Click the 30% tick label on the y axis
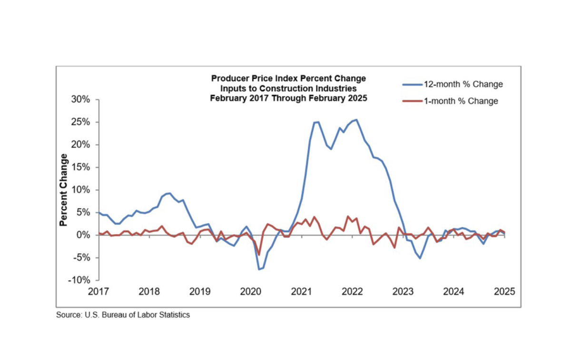coord(80,99)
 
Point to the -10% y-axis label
coord(79,280)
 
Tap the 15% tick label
coord(80,167)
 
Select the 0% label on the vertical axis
coord(83,235)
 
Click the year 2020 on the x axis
coord(251,292)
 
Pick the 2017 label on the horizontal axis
coord(98,292)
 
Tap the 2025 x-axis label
coord(504,292)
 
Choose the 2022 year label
coord(352,292)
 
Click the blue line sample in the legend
coord(413,85)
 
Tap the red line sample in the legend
coord(413,101)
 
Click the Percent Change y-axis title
coord(63,190)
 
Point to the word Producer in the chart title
coord(230,78)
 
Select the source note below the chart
coord(123,315)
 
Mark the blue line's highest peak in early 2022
coord(356,119)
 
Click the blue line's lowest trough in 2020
coord(259,269)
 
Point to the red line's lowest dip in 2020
coord(259,255)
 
